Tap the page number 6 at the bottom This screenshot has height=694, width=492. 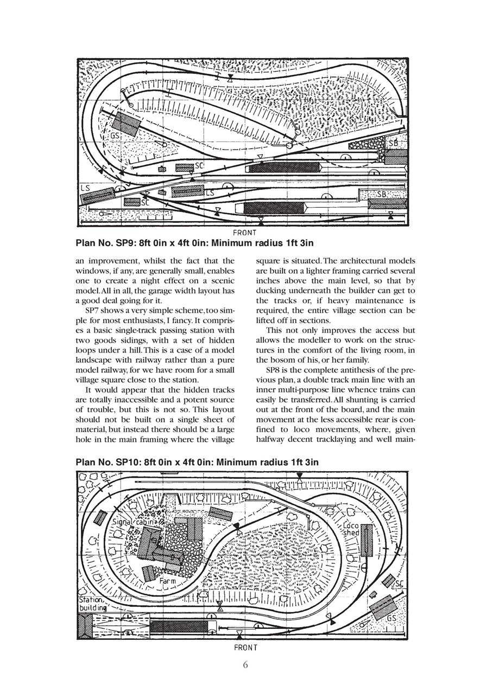coord(245,665)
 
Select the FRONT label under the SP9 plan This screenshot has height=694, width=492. coord(245,233)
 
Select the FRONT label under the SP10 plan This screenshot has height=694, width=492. coord(245,647)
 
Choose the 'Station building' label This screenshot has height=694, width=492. coord(94,604)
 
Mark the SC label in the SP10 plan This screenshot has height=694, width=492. coord(399,584)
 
